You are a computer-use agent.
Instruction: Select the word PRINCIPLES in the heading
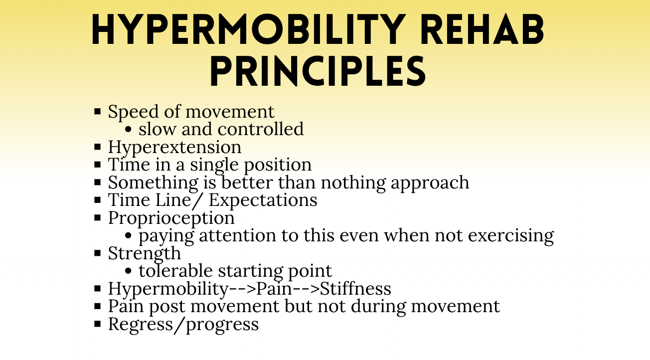click(x=318, y=71)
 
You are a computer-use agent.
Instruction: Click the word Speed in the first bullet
click(x=130, y=112)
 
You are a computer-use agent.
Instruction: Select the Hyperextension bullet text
click(x=174, y=147)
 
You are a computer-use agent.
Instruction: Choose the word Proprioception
click(x=171, y=218)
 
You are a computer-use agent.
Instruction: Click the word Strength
click(x=144, y=253)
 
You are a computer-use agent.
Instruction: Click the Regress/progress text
click(x=183, y=324)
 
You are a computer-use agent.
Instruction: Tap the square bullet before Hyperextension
click(x=98, y=148)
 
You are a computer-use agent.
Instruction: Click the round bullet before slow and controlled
click(x=129, y=130)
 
